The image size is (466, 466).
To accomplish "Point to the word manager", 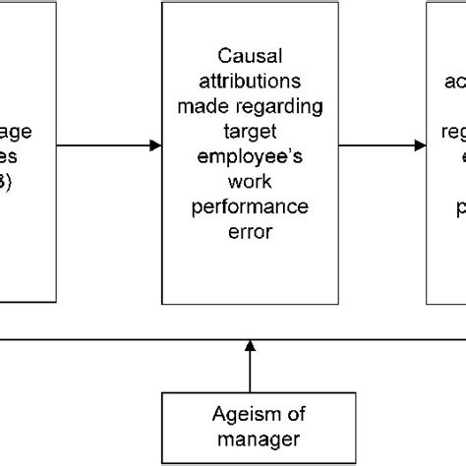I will pos(248,438).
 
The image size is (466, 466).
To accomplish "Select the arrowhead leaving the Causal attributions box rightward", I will pos(420,146).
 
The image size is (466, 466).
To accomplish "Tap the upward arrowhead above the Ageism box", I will pos(249,347).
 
